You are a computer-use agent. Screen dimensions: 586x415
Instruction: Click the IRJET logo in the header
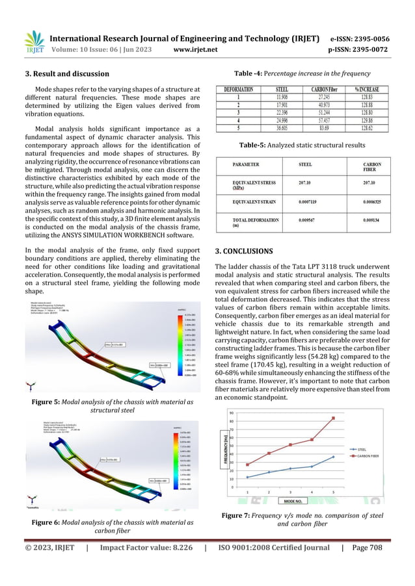pos(33,41)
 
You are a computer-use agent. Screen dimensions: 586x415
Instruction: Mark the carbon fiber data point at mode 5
pos(334,418)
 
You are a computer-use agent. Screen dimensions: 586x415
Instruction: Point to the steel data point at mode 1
pos(247,478)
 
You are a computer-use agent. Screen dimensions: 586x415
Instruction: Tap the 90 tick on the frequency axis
pos(232,413)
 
